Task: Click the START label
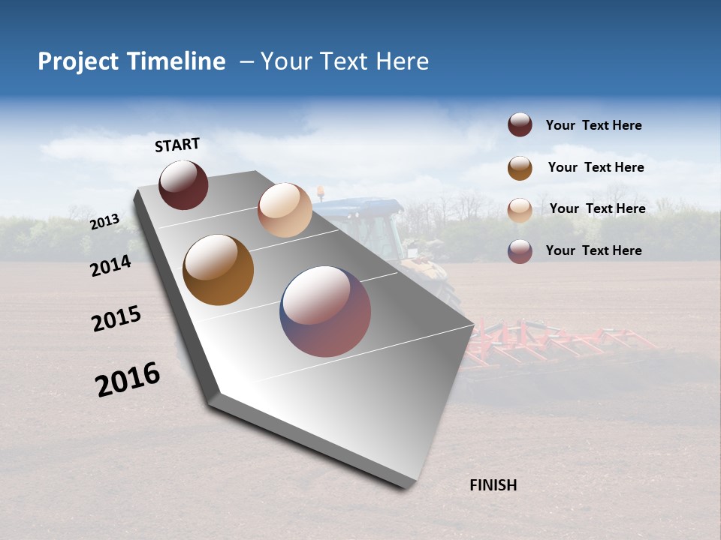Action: tap(177, 145)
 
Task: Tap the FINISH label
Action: tap(493, 485)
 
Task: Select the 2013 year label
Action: tap(104, 221)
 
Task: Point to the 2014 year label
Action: tap(111, 265)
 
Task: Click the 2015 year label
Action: tap(116, 319)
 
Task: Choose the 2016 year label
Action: tap(128, 379)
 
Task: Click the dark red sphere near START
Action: tap(183, 184)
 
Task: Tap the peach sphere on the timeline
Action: tap(285, 210)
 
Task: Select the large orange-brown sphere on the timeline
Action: tap(218, 270)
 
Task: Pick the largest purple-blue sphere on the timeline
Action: tap(325, 311)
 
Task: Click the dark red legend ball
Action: tap(520, 125)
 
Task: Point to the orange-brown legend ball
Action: tap(520, 168)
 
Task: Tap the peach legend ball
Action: tap(520, 210)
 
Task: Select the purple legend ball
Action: tap(520, 251)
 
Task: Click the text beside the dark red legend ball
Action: tap(593, 125)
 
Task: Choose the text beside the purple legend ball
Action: tap(593, 250)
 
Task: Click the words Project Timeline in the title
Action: tap(131, 61)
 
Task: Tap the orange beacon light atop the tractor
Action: tap(321, 191)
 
